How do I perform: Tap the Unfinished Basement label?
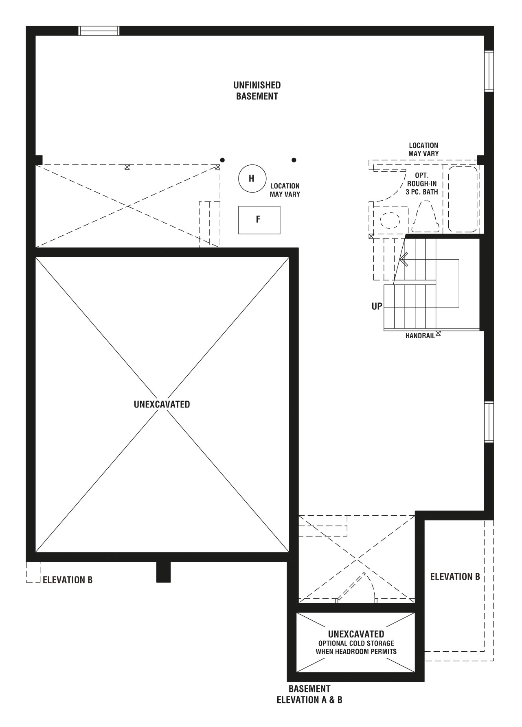[x=257, y=91]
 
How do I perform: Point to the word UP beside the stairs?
[x=377, y=306]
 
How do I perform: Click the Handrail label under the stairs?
[x=420, y=336]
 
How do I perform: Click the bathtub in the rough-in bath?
[x=463, y=199]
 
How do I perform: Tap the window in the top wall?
[x=99, y=31]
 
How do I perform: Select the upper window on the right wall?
[x=489, y=71]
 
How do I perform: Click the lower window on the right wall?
[x=489, y=422]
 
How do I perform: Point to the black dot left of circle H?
[x=222, y=160]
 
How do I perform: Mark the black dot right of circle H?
[x=294, y=160]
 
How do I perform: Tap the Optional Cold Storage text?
[x=356, y=647]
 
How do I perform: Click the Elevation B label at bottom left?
[x=68, y=580]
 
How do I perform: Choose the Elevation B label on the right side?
[x=455, y=576]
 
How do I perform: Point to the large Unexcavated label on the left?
[x=162, y=404]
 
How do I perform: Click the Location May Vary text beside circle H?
[x=285, y=190]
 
